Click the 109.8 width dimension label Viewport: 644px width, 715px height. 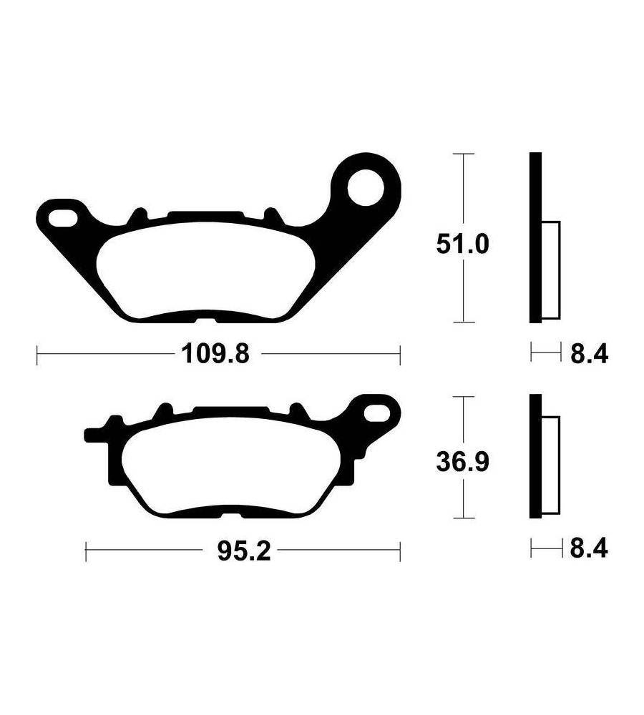(x=215, y=355)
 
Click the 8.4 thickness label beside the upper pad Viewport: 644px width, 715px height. (x=589, y=354)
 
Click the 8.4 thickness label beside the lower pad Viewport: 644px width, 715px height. (x=589, y=548)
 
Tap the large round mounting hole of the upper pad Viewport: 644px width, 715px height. (x=366, y=187)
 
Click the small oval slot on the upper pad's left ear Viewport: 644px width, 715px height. (x=63, y=218)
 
